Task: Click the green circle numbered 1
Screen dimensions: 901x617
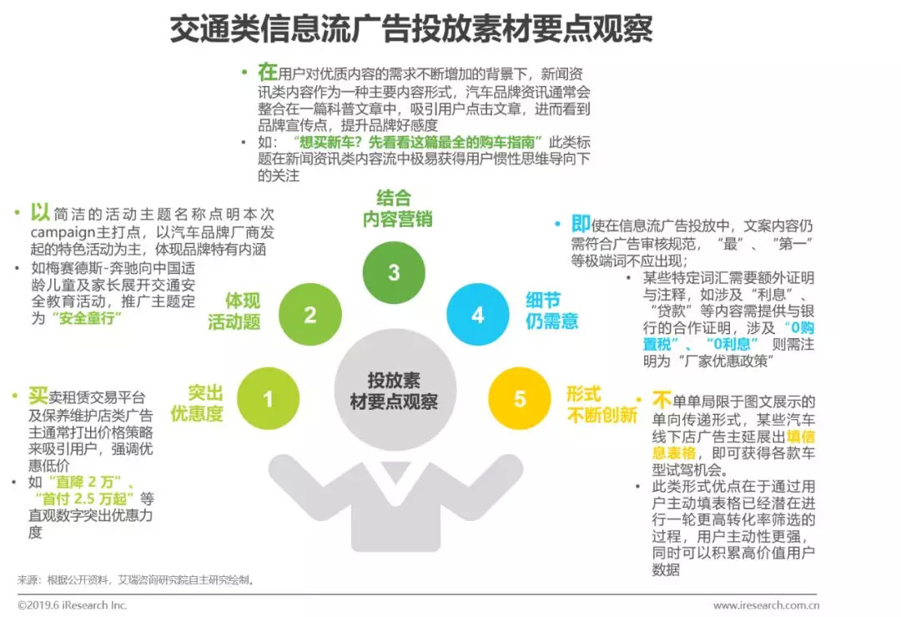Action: pyautogui.click(x=269, y=399)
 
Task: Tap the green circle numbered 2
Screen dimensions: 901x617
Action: pyautogui.click(x=310, y=315)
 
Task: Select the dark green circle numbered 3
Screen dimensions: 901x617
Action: pyautogui.click(x=394, y=272)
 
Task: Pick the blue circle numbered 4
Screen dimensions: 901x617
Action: pyautogui.click(x=477, y=315)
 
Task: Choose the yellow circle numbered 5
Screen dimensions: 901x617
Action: pyautogui.click(x=520, y=399)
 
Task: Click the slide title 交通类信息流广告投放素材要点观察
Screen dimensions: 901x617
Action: pyautogui.click(x=410, y=29)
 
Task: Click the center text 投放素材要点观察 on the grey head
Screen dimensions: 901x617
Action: pyautogui.click(x=394, y=391)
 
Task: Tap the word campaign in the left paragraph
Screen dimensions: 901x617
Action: pyautogui.click(x=64, y=231)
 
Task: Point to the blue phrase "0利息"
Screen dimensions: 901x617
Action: pyautogui.click(x=732, y=344)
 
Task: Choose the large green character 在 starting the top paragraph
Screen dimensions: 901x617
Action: pyautogui.click(x=267, y=72)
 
